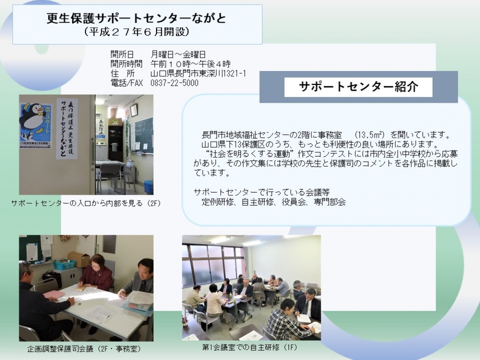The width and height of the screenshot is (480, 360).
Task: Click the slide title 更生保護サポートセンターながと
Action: [x=136, y=18]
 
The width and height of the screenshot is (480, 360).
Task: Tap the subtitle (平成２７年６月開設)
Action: [x=136, y=32]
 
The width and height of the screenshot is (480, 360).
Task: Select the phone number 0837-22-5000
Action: [x=174, y=83]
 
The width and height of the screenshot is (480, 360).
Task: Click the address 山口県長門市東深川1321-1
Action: [x=198, y=73]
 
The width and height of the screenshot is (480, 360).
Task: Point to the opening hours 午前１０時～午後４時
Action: [x=191, y=64]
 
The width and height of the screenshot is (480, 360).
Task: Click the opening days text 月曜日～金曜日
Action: [x=178, y=55]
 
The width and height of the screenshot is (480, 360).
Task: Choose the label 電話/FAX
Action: [x=126, y=83]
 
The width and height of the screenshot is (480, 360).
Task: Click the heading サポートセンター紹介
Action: [x=358, y=87]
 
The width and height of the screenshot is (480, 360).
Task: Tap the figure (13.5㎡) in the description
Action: [x=370, y=135]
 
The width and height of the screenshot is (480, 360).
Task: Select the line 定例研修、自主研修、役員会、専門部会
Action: [x=274, y=202]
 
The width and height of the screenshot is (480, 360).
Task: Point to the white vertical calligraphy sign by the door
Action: [x=67, y=129]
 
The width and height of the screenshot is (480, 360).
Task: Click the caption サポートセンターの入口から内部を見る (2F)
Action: [x=86, y=203]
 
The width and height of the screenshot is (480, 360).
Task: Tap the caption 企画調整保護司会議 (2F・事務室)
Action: [x=84, y=348]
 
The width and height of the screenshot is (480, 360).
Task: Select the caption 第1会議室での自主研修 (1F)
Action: [x=250, y=348]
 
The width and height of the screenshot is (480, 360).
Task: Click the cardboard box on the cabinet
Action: [x=79, y=259]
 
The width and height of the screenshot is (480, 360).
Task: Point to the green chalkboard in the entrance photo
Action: [x=142, y=135]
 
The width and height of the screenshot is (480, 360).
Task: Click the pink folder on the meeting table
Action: [x=54, y=295]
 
